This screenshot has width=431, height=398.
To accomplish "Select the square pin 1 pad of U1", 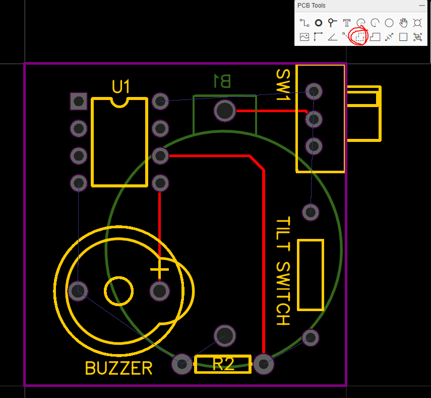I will coord(79,102).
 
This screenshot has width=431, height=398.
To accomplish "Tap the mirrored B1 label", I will coord(222,81).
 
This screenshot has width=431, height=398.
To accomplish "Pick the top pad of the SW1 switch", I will coord(314,91).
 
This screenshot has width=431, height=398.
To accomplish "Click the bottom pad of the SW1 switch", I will coord(314,146).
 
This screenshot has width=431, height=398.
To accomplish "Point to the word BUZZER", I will coord(118,368).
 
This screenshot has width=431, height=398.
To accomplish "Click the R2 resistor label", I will coord(223,364).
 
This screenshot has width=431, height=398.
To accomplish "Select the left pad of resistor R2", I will coord(182,364).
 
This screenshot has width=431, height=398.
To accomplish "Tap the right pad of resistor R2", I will coord(263,364).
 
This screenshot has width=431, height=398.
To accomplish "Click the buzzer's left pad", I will coord(78,290).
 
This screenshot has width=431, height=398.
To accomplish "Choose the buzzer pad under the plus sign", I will coord(159,290).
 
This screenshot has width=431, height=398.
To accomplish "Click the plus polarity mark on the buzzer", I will coord(159,270).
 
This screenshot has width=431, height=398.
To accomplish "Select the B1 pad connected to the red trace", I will coord(224,111).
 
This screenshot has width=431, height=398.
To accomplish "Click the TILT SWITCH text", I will coord(283,271).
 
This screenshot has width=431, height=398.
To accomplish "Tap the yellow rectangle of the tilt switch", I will coord(311,275).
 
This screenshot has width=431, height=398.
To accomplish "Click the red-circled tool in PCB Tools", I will coord(359,37).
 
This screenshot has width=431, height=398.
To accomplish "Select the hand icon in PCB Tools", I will coord(403,23).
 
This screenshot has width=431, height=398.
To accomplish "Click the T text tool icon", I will coord(347,23).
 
